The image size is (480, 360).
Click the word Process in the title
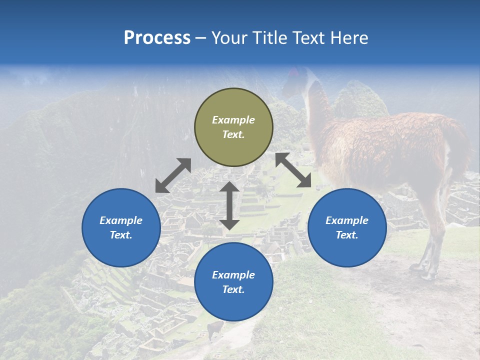[157, 38]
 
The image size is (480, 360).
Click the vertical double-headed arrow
[229, 205]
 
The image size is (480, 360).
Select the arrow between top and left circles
[173, 175]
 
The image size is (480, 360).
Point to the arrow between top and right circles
[293, 170]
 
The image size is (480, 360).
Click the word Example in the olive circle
[233, 120]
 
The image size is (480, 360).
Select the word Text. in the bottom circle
[233, 289]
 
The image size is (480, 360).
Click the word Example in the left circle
[121, 220]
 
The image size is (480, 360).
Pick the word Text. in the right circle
[347, 235]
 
